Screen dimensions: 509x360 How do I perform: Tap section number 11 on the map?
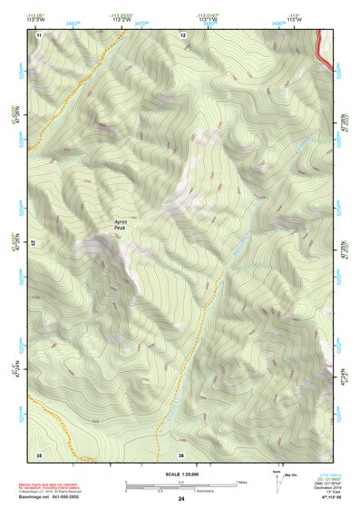pos(39,34)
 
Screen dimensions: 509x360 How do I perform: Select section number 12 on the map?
pos(183,34)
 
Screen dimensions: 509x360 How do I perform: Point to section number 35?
pos(39,454)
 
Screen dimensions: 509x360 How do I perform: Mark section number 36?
pos(181,454)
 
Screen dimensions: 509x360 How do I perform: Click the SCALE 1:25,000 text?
pos(181,475)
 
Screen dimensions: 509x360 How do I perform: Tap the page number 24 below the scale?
pos(181,499)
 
